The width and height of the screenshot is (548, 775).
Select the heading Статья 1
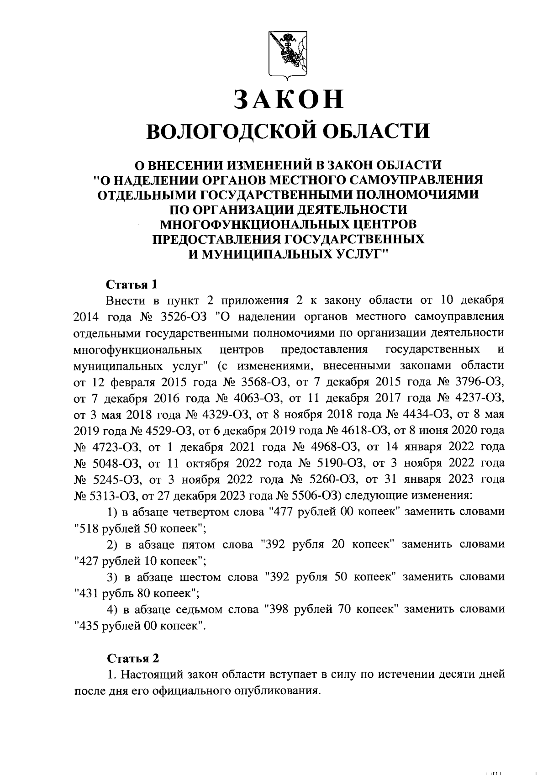pyautogui.click(x=132, y=285)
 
